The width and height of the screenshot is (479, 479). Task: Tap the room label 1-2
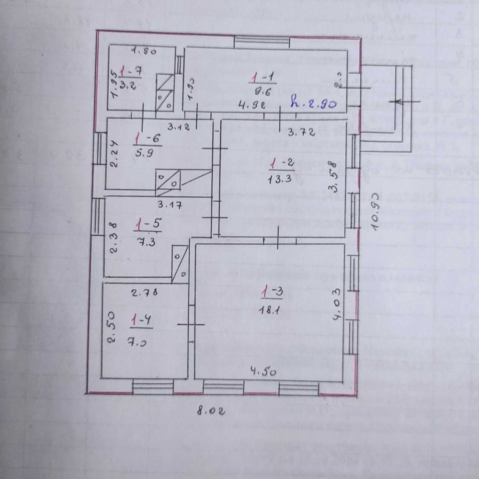click(x=281, y=163)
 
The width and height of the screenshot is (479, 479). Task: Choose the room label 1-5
click(x=147, y=223)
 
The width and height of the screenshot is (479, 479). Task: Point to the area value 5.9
click(x=143, y=154)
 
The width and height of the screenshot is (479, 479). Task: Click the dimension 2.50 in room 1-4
click(x=112, y=328)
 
